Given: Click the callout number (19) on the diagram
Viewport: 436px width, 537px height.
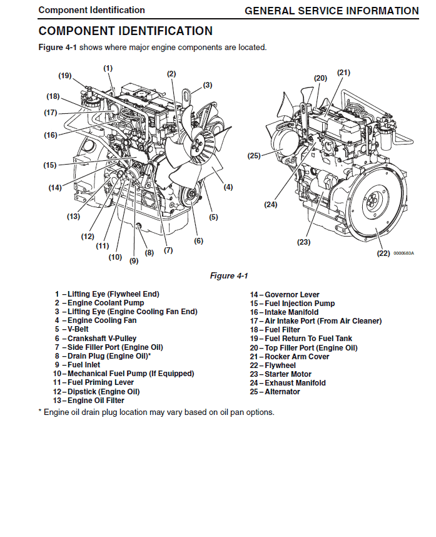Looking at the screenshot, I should [x=65, y=76].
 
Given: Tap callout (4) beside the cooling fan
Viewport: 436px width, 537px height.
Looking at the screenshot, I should [x=228, y=187].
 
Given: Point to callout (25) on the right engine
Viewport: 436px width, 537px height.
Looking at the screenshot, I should [x=253, y=156].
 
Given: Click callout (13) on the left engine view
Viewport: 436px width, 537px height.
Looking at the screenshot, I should [x=73, y=217].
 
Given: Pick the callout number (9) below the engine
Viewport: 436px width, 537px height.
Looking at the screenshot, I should [x=134, y=261].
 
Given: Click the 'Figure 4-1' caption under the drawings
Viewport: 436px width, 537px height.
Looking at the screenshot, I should [x=229, y=276].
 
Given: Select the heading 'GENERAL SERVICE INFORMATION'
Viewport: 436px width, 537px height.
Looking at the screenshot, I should [x=332, y=11].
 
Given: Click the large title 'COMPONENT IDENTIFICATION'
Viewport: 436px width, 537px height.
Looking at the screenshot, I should [x=125, y=31].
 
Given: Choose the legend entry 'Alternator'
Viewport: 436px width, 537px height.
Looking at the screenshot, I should [x=282, y=392].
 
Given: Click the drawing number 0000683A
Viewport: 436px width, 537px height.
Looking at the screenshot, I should [x=403, y=253].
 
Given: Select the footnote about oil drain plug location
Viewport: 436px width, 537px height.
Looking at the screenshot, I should [x=156, y=412].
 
